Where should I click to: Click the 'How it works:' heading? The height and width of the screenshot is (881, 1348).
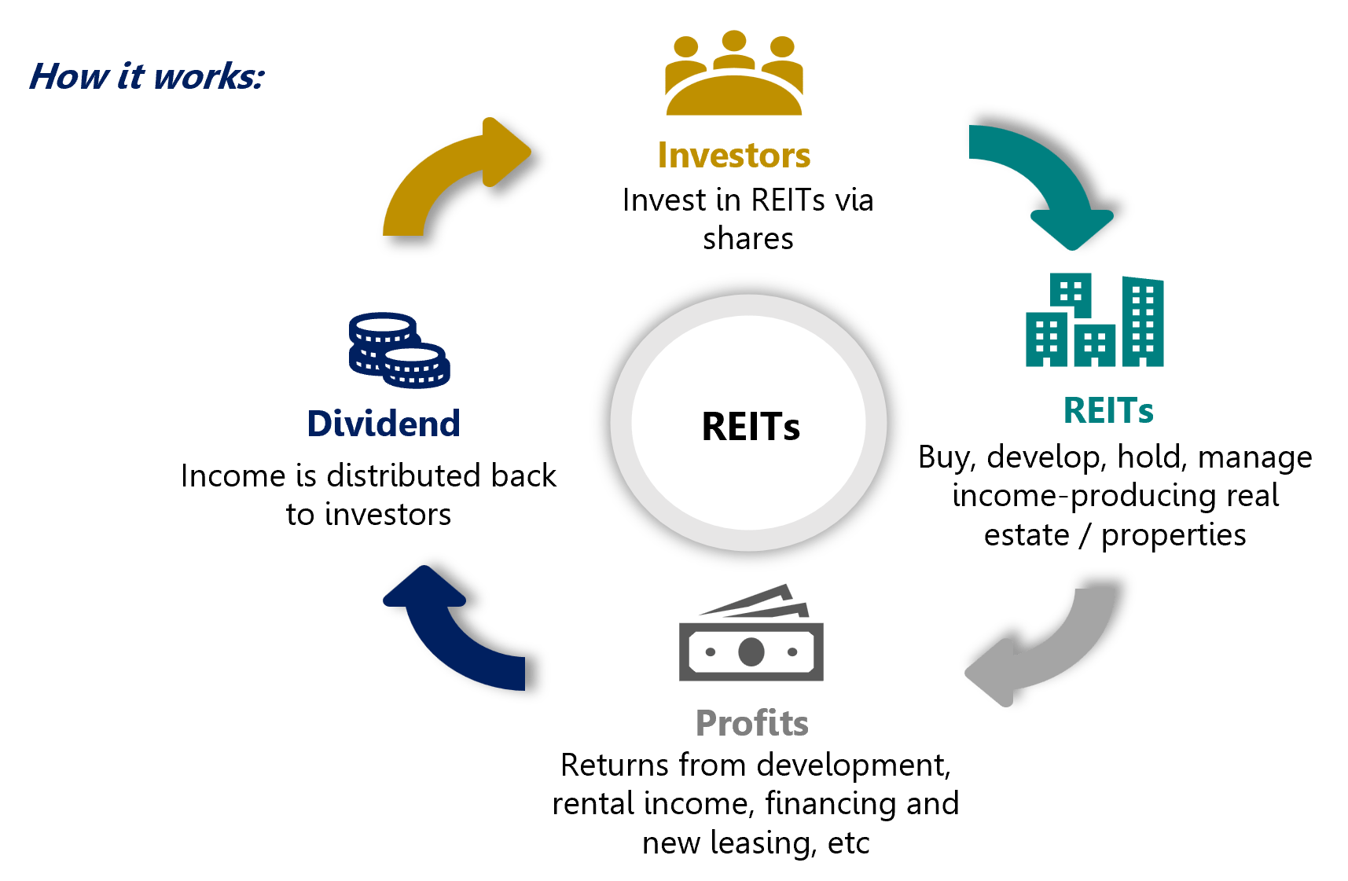[146, 77]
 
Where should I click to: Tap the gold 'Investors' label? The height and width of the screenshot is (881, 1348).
[733, 156]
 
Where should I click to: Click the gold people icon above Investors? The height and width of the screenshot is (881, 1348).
[733, 75]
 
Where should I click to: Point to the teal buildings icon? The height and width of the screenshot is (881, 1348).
[1094, 321]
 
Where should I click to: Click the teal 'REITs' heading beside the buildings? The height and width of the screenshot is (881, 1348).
[1108, 410]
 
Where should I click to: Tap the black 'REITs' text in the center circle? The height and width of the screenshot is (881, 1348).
[750, 427]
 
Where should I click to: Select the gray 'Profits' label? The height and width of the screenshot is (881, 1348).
[751, 723]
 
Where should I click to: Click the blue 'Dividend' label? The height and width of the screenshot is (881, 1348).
[384, 424]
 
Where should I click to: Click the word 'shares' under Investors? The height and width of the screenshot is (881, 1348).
[747, 239]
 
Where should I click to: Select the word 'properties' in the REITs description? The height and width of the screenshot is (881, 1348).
[1173, 536]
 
